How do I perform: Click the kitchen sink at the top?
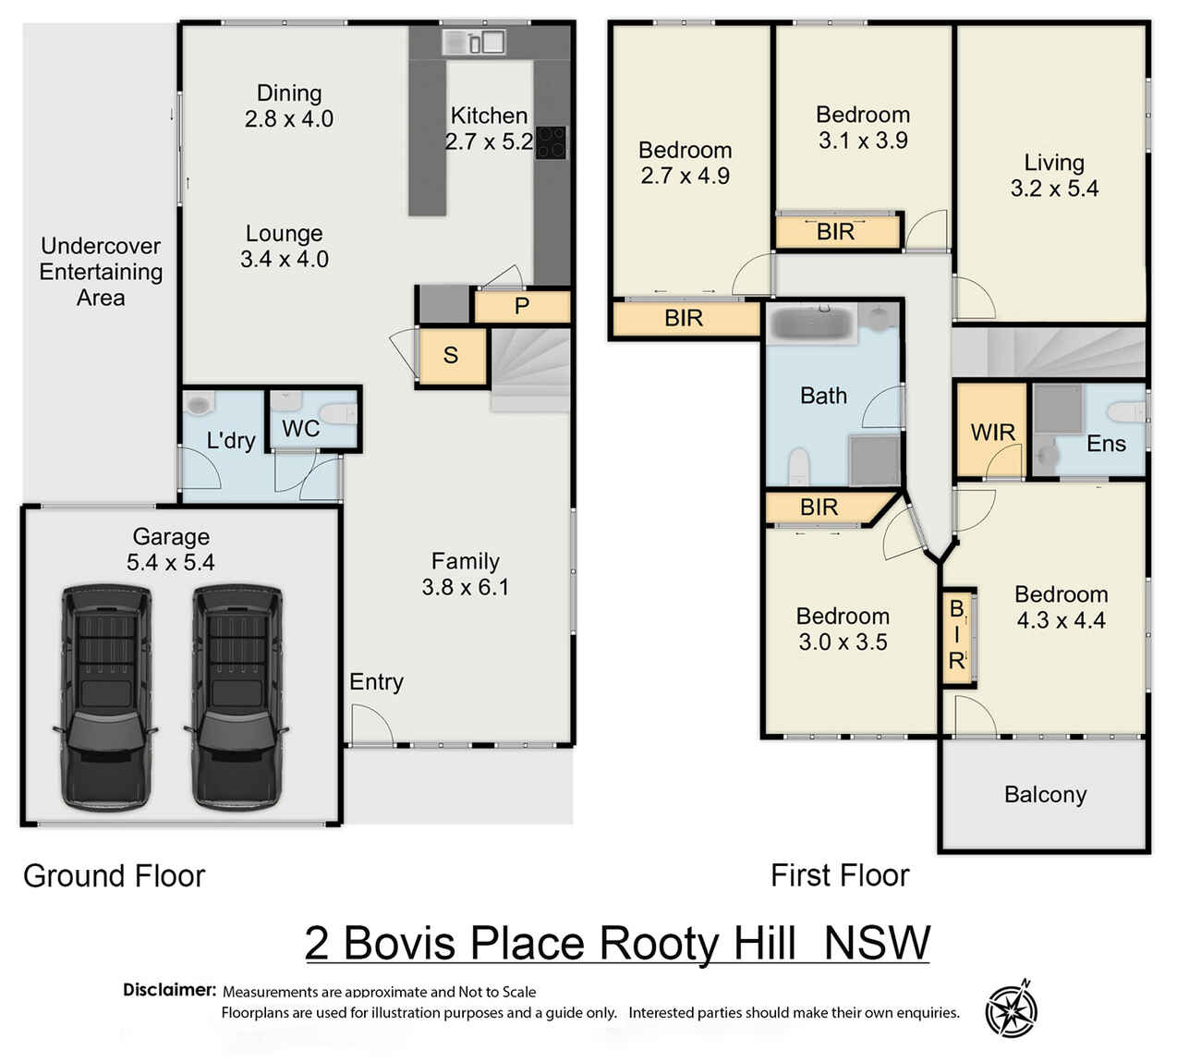473,42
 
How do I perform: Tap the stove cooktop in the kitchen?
551,143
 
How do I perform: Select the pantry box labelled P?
521,306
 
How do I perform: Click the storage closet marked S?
451,356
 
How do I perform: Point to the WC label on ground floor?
300,429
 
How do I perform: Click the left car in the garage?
105,698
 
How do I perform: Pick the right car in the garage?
237,698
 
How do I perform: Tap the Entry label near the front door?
376,682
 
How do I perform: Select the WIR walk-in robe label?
992,433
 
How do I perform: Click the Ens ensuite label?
1106,445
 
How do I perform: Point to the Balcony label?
1045,795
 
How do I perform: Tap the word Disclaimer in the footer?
169,990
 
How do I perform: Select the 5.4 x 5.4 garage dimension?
171,562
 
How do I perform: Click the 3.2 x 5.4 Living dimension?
1054,189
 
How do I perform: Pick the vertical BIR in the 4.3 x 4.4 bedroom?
957,636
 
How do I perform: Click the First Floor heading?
840,875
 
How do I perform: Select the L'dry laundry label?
230,440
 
